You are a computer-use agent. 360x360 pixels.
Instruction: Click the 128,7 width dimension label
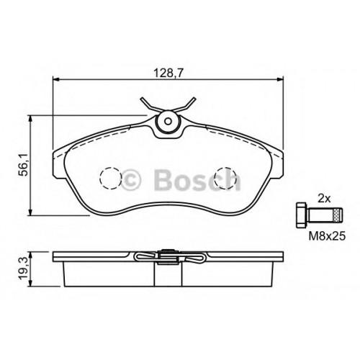(168, 73)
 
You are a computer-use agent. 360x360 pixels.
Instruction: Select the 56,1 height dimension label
(24, 166)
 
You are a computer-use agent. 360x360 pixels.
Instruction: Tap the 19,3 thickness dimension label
(24, 269)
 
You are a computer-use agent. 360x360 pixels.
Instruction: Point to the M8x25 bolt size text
(327, 236)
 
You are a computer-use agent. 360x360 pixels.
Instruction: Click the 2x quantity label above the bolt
(324, 198)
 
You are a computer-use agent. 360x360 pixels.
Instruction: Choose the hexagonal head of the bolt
(302, 215)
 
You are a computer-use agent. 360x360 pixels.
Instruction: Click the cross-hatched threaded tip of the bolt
(338, 215)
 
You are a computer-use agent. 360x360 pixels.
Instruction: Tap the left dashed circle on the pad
(110, 179)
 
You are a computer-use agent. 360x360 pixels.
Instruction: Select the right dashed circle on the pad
(225, 179)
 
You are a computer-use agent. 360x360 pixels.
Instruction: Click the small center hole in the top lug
(168, 122)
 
